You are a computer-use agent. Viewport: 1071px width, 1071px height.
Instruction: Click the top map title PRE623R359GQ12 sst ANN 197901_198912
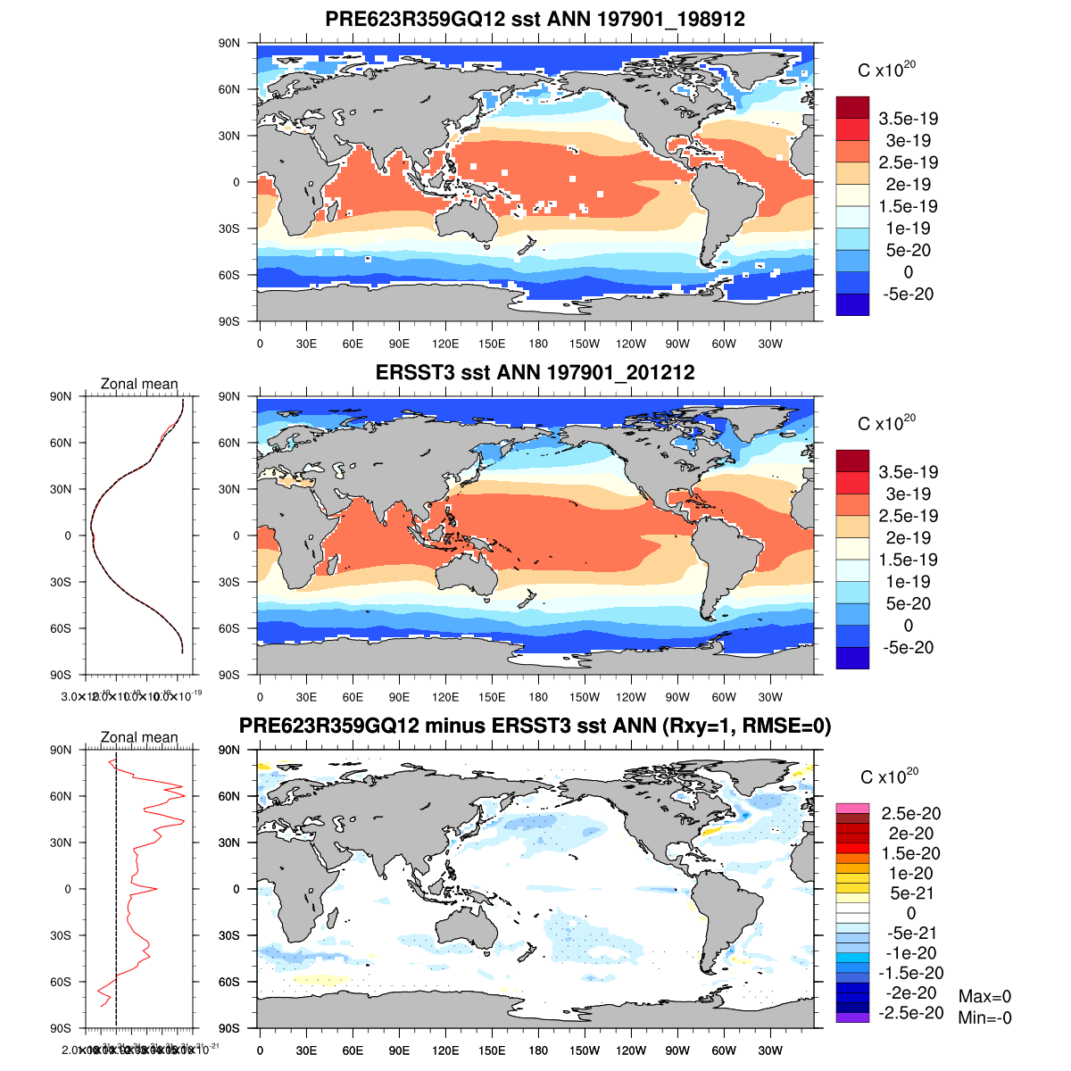click(x=535, y=19)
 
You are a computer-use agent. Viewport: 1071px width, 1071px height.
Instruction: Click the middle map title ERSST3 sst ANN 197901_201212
click(x=535, y=372)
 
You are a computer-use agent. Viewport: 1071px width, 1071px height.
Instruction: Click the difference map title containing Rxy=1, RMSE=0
click(x=535, y=726)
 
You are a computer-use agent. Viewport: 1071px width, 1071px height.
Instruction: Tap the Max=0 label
click(x=984, y=997)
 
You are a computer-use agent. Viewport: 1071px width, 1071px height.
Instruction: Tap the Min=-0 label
click(x=984, y=1017)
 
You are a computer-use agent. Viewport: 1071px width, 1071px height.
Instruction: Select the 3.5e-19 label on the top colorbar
click(x=908, y=119)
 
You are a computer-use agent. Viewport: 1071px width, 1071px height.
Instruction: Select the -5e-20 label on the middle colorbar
click(x=908, y=648)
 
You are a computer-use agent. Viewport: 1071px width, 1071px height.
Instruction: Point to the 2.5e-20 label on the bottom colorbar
click(x=910, y=813)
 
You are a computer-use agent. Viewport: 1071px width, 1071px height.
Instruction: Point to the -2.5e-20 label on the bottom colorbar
click(x=910, y=1013)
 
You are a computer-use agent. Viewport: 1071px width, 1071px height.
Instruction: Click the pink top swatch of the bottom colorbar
click(x=852, y=809)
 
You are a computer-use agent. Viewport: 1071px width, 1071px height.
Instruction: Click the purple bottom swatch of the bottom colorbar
click(x=852, y=1017)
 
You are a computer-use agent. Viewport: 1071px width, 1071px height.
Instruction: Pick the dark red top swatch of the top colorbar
click(x=852, y=107)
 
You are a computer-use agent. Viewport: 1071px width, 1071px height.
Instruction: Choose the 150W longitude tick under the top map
click(x=585, y=345)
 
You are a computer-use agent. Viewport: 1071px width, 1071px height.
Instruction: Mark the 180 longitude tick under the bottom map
click(x=538, y=1051)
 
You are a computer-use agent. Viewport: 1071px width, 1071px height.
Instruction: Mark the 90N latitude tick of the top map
click(x=229, y=43)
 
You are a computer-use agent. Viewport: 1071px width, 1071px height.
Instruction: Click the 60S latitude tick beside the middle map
click(x=229, y=628)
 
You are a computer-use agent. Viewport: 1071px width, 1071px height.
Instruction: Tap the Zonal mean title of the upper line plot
click(x=139, y=384)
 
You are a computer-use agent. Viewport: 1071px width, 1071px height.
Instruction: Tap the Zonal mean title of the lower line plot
click(x=139, y=737)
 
